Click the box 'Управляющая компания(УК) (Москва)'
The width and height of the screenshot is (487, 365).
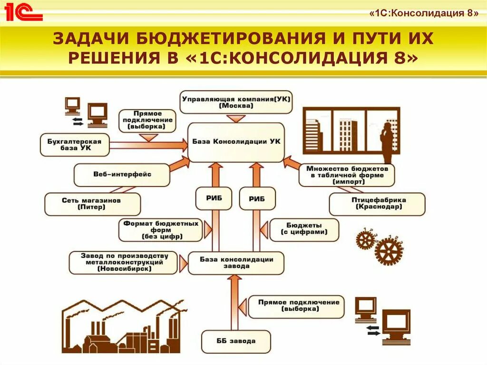[x=236, y=102]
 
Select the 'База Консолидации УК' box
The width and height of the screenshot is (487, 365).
[x=236, y=142]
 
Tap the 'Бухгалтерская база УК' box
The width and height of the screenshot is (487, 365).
[x=75, y=144]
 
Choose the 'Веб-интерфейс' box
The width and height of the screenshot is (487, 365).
[x=122, y=175]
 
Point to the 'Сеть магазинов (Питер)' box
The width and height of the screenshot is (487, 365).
[x=92, y=204]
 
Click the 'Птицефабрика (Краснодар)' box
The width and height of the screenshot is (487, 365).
[x=377, y=204]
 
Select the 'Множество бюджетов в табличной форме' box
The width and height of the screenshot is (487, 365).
[x=347, y=175]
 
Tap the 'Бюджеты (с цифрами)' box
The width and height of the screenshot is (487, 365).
[x=304, y=229]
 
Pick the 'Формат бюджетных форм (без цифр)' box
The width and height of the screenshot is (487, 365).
[x=161, y=230]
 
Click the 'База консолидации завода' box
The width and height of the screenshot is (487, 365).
[x=236, y=263]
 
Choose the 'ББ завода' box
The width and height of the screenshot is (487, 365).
[x=236, y=341]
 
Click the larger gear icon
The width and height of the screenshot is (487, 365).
[x=388, y=250]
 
